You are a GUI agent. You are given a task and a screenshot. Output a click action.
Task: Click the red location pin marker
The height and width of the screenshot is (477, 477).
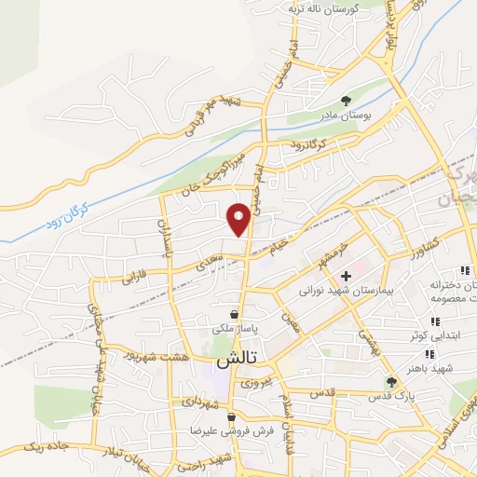[239, 218]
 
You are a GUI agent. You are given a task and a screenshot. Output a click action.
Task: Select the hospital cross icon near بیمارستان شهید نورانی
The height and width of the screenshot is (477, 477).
[345, 276]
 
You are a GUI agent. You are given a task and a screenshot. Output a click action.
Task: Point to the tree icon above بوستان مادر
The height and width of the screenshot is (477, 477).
[346, 100]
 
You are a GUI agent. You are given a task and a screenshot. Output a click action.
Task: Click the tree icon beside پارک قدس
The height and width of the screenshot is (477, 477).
[392, 382]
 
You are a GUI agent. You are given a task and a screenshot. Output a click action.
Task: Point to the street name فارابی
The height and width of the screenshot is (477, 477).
[134, 278]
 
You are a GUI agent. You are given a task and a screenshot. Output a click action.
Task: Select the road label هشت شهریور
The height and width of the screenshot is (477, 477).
[162, 357]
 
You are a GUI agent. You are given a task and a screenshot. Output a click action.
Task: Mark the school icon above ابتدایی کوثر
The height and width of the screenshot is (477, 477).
[435, 321]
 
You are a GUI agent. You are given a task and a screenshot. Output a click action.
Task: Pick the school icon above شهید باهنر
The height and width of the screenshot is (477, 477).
[429, 354]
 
